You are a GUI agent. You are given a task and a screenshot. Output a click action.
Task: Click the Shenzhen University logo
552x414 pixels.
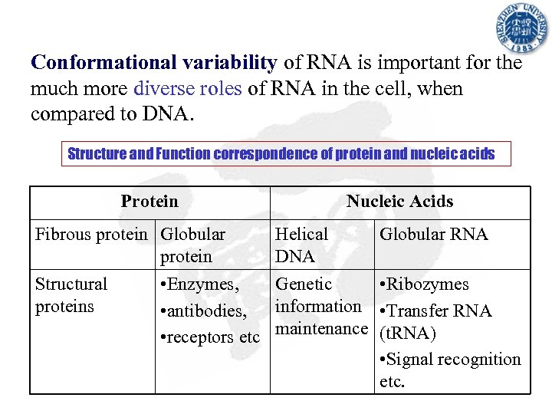pos(521,30)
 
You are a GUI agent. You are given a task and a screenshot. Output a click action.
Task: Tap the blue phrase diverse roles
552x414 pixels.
pos(187,88)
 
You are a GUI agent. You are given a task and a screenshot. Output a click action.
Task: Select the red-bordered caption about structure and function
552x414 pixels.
pos(281,154)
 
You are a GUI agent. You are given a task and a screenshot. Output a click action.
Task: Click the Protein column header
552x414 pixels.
pos(149,202)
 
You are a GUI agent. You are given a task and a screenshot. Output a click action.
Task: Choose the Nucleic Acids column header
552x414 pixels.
pos(399,202)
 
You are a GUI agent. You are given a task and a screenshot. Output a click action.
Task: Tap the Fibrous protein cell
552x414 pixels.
pos(94,235)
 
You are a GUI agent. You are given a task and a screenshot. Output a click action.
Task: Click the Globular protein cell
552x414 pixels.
pos(192,245)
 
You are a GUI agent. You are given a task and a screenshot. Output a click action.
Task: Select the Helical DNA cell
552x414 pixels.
pos(301,245)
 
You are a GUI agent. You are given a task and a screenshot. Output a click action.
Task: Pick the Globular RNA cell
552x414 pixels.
pos(433,235)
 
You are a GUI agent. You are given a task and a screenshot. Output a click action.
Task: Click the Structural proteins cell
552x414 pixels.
pos(71,295)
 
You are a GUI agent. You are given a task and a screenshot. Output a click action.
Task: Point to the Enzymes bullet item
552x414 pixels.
pos(199,284)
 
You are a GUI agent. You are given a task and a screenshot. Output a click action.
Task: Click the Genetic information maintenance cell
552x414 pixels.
pos(321,307)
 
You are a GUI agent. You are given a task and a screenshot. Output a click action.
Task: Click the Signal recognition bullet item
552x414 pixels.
pos(450,360)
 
